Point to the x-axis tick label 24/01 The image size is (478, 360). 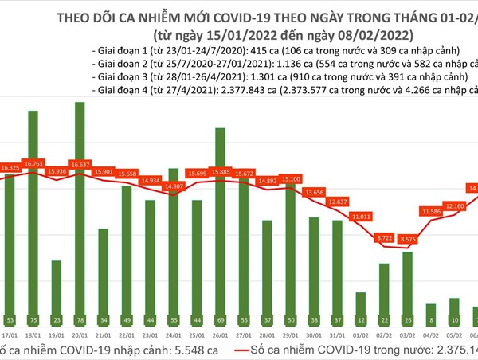pyautogui.click(x=173, y=335)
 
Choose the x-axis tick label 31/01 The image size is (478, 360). pyautogui.click(x=337, y=335)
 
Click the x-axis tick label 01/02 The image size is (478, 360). pyautogui.click(x=361, y=335)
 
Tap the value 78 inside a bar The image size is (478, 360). pyautogui.click(x=80, y=319)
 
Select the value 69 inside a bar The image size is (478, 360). pyautogui.click(x=219, y=319)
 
